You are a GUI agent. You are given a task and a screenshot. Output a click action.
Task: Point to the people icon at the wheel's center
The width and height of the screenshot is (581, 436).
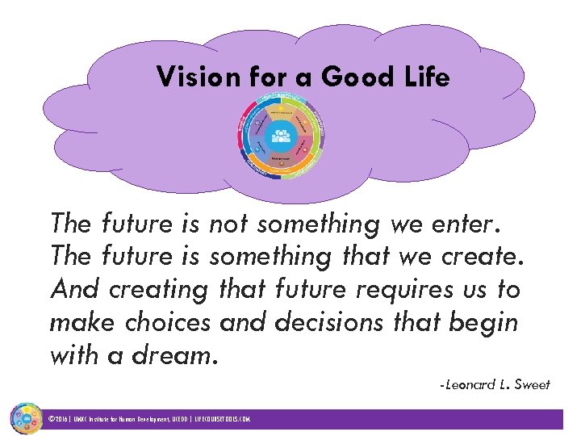281,136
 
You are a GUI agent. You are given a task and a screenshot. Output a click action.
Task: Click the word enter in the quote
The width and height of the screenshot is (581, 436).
474,223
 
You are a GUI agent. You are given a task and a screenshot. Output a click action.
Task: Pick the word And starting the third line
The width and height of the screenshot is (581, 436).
75,288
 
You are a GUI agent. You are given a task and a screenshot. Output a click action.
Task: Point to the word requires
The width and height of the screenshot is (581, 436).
390,290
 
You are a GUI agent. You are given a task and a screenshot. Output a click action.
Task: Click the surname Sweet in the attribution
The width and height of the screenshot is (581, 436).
533,385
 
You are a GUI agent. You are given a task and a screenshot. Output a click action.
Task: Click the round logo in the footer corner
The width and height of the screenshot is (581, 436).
25,418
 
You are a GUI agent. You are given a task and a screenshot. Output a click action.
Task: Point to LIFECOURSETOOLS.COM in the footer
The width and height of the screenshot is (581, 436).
222,420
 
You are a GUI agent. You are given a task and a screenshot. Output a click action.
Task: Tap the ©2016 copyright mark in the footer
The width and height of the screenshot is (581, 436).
59,420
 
